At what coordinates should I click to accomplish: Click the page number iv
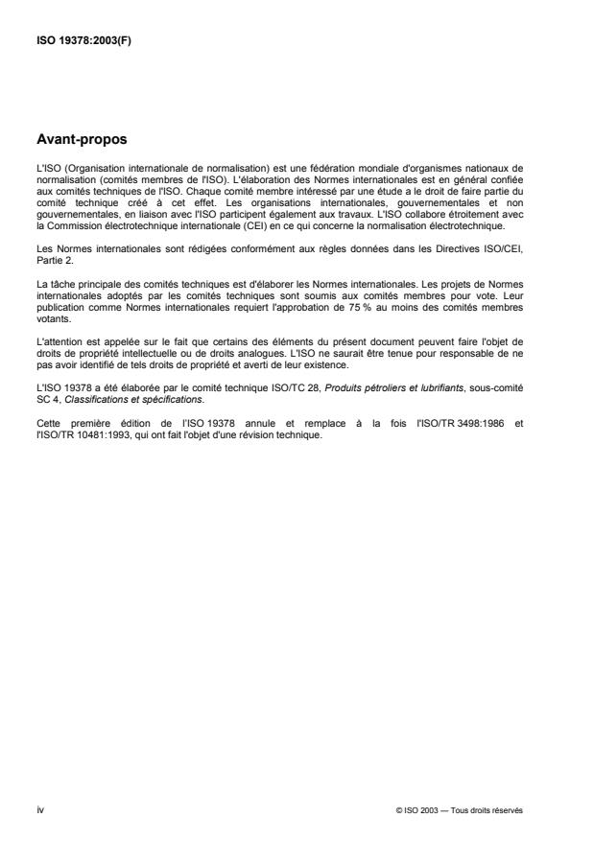(x=39, y=809)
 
